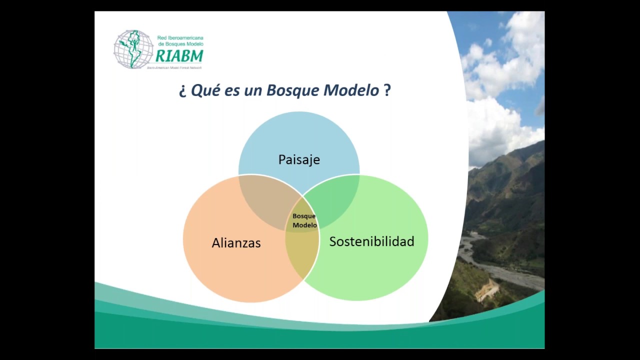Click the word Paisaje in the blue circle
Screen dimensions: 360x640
(299, 159)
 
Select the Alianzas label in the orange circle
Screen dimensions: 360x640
(236, 243)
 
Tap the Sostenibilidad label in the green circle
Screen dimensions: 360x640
(371, 241)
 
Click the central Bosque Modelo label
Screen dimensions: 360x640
(304, 220)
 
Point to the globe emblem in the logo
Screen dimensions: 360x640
(133, 49)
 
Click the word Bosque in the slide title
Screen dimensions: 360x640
(292, 90)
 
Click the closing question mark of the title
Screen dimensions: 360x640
(387, 90)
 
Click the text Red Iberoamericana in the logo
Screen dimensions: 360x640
(180, 38)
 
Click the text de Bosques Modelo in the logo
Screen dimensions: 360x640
(180, 44)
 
